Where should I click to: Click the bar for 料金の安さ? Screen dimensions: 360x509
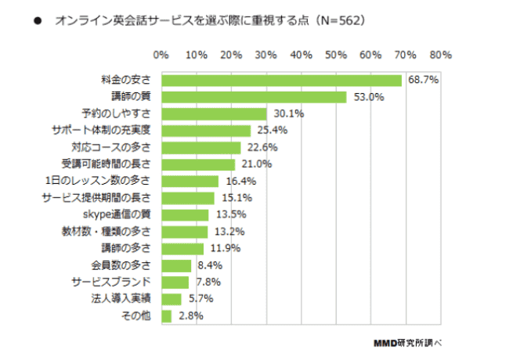point(281,81)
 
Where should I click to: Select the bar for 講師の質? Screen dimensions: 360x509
point(254,97)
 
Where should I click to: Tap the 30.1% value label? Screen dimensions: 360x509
point(288,113)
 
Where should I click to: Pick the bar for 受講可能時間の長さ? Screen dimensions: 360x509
point(198,164)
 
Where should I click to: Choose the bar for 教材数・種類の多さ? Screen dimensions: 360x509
point(185,232)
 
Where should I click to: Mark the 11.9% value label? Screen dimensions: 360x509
point(225,248)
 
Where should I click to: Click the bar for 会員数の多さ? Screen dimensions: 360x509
point(176,265)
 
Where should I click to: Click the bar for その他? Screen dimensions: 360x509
point(166,315)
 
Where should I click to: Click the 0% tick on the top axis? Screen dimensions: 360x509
point(161,56)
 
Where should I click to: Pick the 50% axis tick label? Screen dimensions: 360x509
point(336,56)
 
